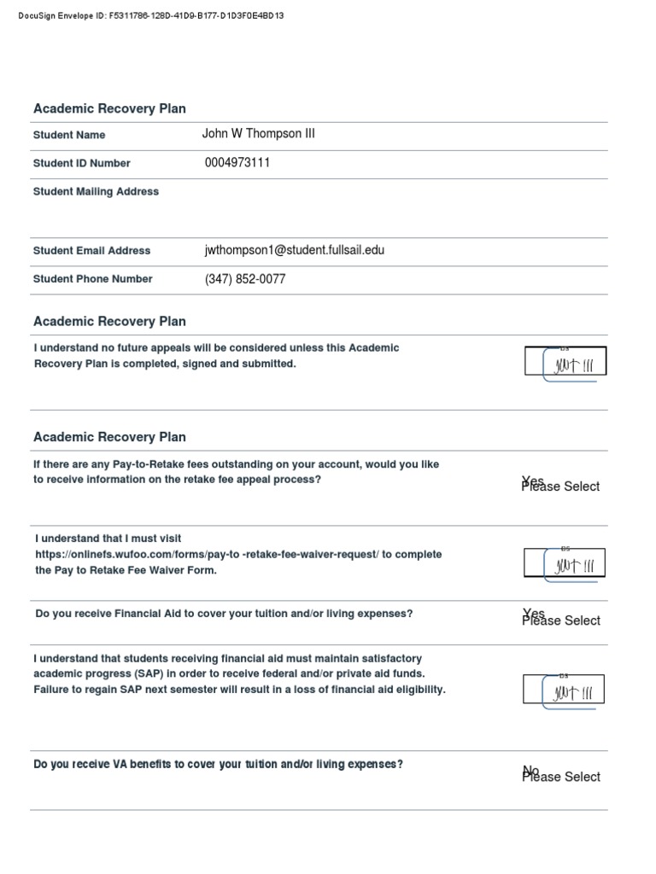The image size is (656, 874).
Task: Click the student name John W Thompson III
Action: [258, 134]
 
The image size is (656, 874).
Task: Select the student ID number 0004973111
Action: [237, 162]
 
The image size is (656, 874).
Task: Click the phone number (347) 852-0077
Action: [245, 279]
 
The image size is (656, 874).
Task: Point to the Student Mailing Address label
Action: [96, 192]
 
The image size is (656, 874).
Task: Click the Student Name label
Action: [69, 135]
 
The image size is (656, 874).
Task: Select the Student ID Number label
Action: [82, 163]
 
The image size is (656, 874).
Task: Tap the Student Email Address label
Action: [91, 251]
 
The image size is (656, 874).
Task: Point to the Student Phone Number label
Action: [92, 279]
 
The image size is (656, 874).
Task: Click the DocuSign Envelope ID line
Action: [150, 16]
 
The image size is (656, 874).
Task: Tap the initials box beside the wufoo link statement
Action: [565, 563]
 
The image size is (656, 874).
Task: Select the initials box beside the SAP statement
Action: [564, 690]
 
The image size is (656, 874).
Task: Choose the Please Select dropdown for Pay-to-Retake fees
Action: [561, 486]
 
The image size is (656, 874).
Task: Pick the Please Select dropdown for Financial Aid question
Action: [561, 621]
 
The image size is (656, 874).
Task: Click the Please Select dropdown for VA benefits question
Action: [561, 777]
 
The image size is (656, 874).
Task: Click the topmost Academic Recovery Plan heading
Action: [109, 108]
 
